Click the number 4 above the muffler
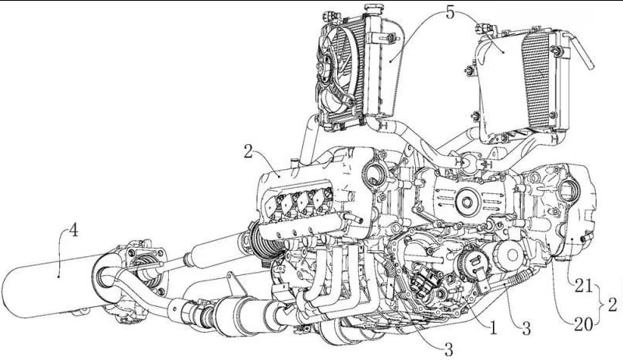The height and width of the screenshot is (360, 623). pos(73,232)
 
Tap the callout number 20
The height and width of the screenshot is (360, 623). pos(577,320)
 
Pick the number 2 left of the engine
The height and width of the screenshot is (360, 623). pos(248,152)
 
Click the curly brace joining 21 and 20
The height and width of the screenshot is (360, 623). pos(600,305)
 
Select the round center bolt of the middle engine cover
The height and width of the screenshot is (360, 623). pos(465,204)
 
